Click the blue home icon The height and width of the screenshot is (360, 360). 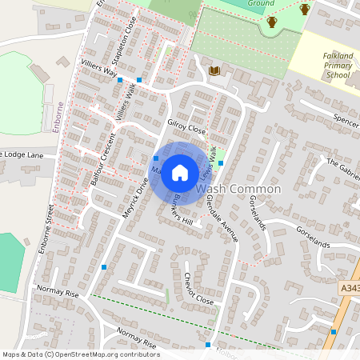(x=180, y=172)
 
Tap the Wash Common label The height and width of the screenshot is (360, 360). (x=238, y=190)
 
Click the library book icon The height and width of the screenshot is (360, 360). (x=214, y=71)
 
